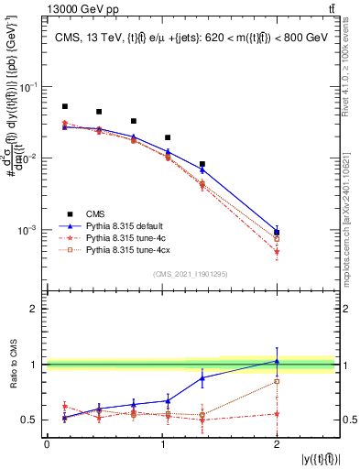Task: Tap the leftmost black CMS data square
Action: (x=65, y=106)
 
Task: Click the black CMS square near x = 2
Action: (x=277, y=232)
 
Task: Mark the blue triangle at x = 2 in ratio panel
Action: (x=277, y=361)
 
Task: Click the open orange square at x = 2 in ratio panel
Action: (x=277, y=381)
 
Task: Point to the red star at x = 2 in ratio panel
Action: (x=277, y=414)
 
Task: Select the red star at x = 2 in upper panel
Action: (x=277, y=251)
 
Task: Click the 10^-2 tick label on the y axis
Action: (x=29, y=158)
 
